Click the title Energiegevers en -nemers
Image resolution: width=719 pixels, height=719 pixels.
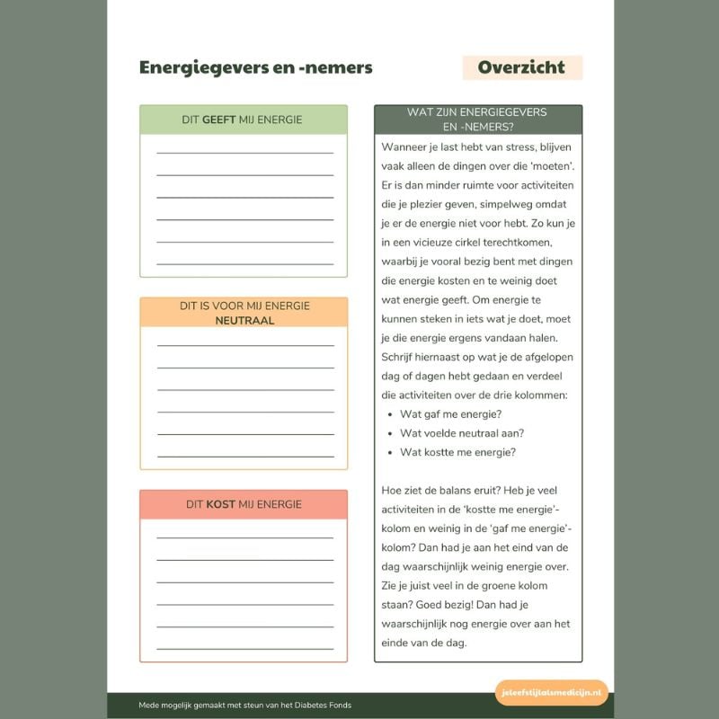pyautogui.click(x=255, y=67)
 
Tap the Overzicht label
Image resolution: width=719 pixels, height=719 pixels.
pyautogui.click(x=521, y=67)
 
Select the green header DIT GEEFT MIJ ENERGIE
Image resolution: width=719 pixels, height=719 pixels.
pyautogui.click(x=243, y=120)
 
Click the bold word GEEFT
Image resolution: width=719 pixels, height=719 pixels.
pyautogui.click(x=219, y=120)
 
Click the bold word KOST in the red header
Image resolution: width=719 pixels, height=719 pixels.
pyautogui.click(x=220, y=504)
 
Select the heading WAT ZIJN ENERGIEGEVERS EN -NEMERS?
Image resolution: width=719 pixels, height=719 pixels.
pyautogui.click(x=477, y=120)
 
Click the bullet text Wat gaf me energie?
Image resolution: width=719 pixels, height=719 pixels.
pyautogui.click(x=450, y=413)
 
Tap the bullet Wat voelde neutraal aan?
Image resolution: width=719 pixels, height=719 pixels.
pyautogui.click(x=462, y=433)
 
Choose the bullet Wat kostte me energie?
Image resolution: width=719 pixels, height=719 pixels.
pyautogui.click(x=457, y=452)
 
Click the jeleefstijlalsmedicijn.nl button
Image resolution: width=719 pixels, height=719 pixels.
pyautogui.click(x=552, y=693)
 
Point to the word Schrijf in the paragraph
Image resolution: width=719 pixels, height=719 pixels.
pyautogui.click(x=400, y=357)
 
